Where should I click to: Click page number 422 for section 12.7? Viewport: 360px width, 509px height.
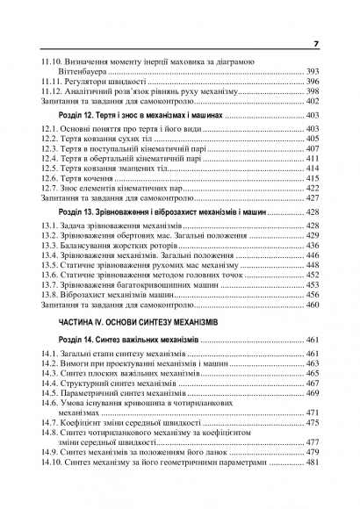pyautogui.click(x=312, y=188)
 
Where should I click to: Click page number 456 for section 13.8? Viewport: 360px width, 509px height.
pyautogui.click(x=312, y=295)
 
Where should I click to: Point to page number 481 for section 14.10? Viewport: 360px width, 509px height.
pyautogui.click(x=312, y=461)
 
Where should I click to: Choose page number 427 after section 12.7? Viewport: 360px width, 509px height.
pyautogui.click(x=312, y=197)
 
